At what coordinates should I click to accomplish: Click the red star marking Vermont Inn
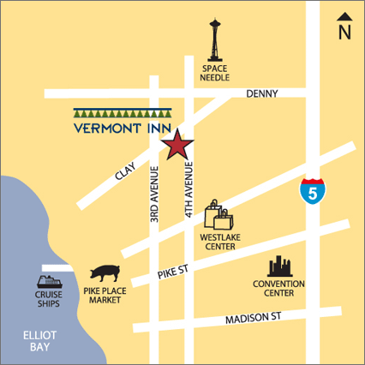[177, 145]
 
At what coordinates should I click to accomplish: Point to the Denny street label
[262, 93]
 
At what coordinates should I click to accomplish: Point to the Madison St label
[251, 319]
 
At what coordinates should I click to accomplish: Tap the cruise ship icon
[48, 283]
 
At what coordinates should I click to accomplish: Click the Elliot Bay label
[38, 342]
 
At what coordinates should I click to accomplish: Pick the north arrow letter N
[344, 33]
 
